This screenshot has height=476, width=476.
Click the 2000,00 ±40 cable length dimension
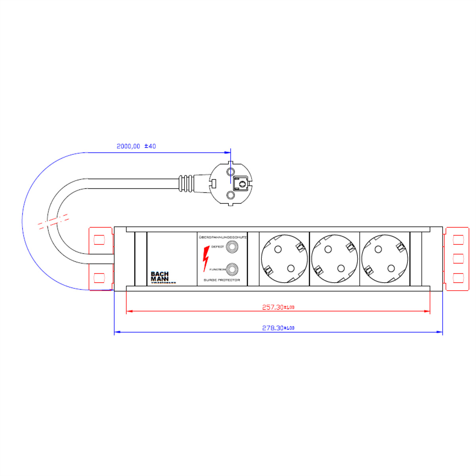tap(136, 146)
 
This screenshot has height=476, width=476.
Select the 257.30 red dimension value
tap(278, 307)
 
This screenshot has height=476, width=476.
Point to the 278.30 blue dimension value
tap(278, 328)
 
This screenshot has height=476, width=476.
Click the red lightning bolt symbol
tap(206, 259)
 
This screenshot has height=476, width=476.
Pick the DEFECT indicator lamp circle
tap(231, 247)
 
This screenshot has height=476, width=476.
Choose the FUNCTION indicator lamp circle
tap(231, 269)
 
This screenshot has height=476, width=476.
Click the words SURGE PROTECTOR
tap(222, 280)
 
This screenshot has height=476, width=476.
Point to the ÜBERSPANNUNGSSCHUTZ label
tap(223, 237)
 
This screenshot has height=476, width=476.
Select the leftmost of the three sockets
tap(284, 259)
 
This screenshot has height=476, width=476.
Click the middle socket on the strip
tap(334, 259)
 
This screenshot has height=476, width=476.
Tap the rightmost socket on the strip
tap(384, 259)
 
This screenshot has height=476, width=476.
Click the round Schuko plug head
tap(230, 183)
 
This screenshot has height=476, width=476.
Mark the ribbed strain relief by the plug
tap(186, 183)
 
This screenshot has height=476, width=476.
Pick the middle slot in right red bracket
tap(458, 258)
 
